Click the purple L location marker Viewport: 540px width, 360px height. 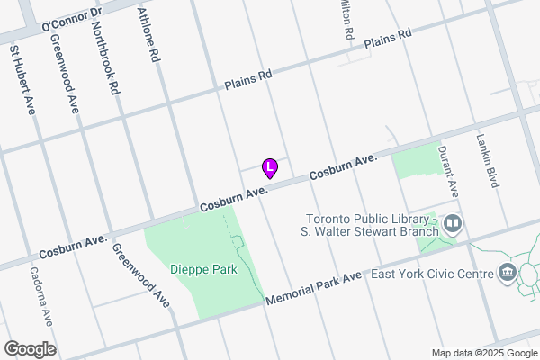269,167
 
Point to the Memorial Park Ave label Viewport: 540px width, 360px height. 313,287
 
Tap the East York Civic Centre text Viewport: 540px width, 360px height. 429,273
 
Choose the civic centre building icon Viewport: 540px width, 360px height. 506,273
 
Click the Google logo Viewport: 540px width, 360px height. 30,349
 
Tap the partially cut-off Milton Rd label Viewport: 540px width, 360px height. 345,19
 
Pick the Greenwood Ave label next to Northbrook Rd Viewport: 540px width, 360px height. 66,74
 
